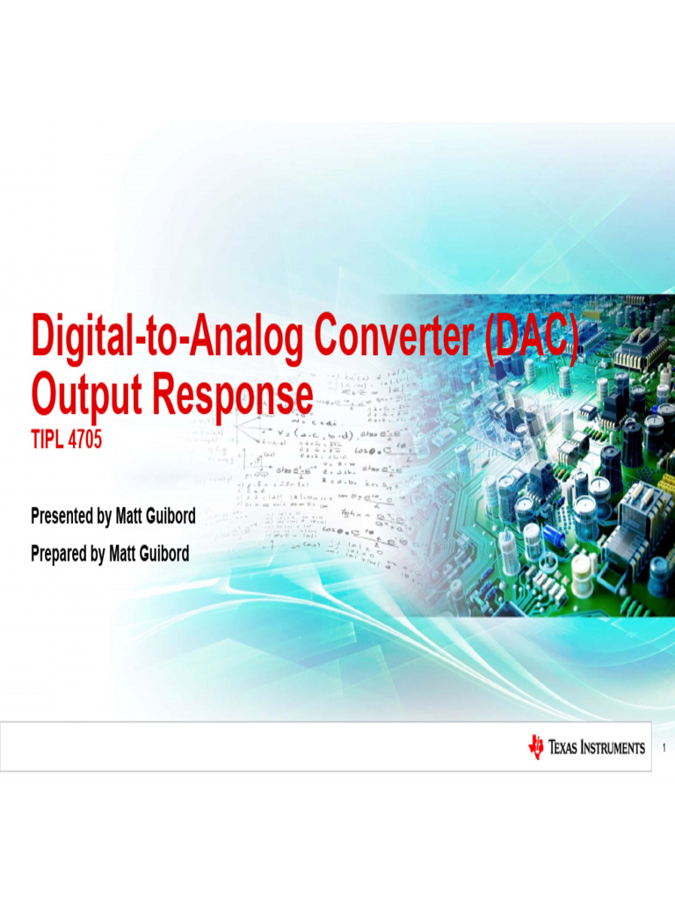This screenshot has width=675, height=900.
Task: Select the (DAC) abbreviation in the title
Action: (532, 338)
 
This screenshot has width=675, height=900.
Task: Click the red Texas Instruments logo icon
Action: (535, 747)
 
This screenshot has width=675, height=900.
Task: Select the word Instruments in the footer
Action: (613, 748)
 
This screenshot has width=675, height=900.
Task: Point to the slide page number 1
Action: (664, 748)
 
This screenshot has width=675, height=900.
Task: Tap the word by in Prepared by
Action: (97, 554)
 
